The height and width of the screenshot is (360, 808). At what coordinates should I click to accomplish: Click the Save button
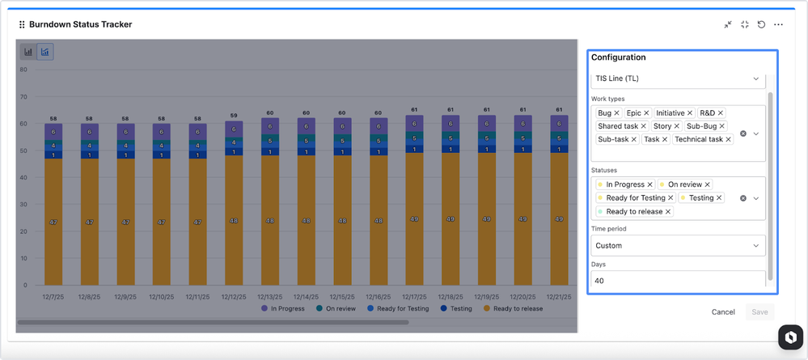click(x=759, y=311)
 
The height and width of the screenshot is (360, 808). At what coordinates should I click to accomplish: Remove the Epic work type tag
click(x=646, y=113)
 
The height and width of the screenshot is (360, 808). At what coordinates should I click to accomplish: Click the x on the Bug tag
click(x=617, y=113)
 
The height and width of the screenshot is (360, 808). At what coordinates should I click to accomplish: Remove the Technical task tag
click(x=728, y=139)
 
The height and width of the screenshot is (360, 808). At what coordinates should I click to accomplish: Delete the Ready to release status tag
click(x=668, y=211)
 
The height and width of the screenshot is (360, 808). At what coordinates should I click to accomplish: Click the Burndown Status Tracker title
click(x=80, y=24)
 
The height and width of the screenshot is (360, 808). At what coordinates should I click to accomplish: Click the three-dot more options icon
click(x=779, y=24)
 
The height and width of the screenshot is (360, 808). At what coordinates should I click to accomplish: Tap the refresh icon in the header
click(x=761, y=24)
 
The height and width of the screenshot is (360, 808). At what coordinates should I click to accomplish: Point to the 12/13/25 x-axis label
click(x=269, y=297)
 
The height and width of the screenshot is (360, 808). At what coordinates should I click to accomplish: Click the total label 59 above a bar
click(x=234, y=116)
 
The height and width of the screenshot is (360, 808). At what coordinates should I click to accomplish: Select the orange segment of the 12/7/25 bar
click(x=53, y=222)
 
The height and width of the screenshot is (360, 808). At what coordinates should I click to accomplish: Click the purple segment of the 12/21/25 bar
click(x=559, y=124)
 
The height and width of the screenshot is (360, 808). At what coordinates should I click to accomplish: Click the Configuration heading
click(x=618, y=57)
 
